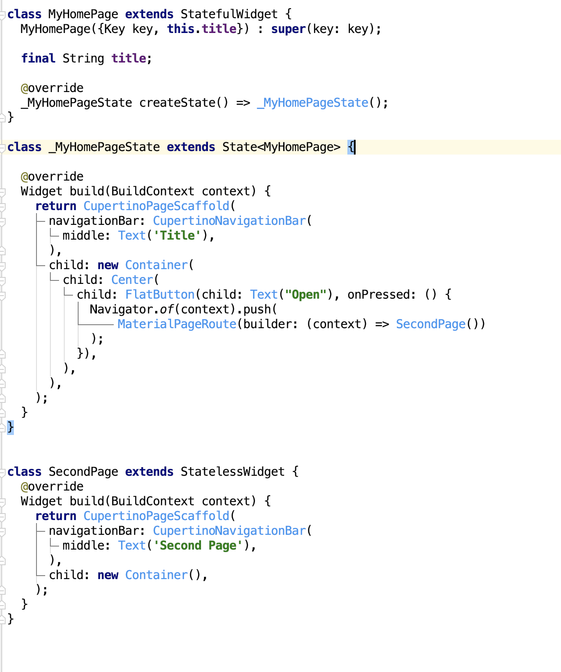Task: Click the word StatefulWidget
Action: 229,14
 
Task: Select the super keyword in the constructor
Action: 288,29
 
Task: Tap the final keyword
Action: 38,58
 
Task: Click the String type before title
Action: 83,58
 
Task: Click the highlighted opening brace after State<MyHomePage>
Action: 351,147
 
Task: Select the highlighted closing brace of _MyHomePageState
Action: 10,427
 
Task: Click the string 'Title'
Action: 178,236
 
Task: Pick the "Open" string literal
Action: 306,295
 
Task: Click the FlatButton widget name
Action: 160,295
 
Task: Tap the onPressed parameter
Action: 378,295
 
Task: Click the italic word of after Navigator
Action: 167,310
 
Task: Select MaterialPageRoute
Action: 177,324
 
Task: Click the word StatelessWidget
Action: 232,472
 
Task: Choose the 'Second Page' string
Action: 198,546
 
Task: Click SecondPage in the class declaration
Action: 83,472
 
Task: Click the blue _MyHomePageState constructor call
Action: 313,103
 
